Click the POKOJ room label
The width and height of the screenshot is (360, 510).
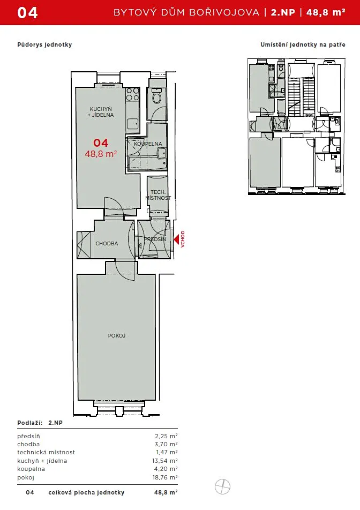117,336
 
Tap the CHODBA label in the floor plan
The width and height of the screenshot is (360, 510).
107,243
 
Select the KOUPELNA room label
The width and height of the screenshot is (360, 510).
148,144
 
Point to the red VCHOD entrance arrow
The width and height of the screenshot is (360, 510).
176,239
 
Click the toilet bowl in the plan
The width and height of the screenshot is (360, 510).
157,97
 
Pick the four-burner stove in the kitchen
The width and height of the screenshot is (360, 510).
133,94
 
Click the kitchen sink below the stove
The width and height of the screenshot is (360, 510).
133,124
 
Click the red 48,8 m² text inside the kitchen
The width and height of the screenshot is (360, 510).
101,154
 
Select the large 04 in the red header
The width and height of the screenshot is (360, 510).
28,13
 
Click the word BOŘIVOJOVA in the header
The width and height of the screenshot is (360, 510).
224,12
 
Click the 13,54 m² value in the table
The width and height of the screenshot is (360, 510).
165,461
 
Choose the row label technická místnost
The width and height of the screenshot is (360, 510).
46,452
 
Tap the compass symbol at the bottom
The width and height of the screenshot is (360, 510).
223,487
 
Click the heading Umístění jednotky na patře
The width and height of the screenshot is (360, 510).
303,44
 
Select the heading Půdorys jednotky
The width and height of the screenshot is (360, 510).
44,44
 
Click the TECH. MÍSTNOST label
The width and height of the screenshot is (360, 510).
158,195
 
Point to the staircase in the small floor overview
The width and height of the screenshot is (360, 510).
302,97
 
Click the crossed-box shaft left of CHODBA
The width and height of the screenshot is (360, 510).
84,245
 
